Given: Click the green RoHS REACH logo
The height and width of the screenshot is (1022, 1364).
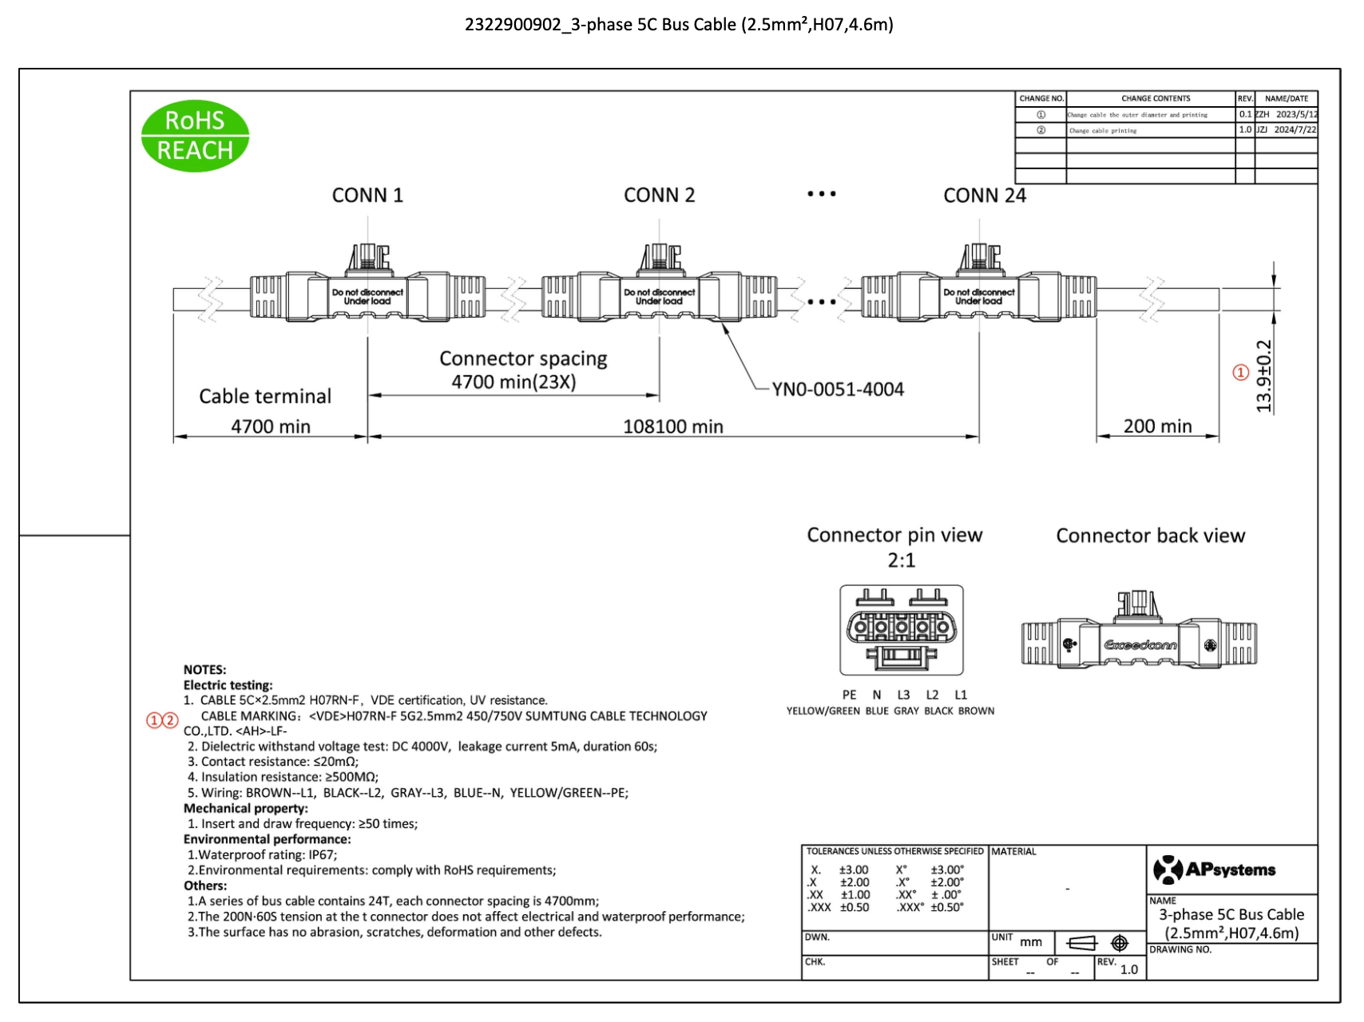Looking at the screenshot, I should (x=195, y=136).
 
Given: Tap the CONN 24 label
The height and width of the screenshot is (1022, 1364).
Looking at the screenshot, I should (x=984, y=196).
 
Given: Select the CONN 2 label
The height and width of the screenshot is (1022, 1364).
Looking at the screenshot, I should (x=659, y=196).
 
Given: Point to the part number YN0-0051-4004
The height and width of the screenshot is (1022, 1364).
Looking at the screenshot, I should (x=838, y=390).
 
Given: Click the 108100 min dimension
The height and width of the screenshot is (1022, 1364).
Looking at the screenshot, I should (x=672, y=427).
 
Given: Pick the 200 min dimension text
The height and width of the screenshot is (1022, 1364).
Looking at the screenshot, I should (x=1157, y=426).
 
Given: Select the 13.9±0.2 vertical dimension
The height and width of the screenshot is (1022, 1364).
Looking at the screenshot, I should (x=1263, y=376).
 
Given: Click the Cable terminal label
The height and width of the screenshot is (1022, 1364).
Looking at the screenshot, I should (x=264, y=397).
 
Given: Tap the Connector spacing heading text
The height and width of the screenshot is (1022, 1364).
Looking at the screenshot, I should (x=523, y=359).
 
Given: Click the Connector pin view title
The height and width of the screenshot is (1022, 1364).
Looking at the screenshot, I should (x=894, y=535).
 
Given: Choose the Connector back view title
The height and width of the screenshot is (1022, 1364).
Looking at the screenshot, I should (x=1150, y=536).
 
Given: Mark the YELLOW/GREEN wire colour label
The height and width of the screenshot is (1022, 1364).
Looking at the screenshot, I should (x=823, y=711).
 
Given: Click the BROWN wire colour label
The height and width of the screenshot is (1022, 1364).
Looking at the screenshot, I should (x=976, y=711).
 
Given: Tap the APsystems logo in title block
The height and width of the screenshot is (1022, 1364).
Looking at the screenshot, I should (x=1214, y=869).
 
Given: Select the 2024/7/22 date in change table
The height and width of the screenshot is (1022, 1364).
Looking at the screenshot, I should (x=1295, y=129).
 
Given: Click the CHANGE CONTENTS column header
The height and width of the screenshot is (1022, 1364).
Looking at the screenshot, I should (x=1155, y=99).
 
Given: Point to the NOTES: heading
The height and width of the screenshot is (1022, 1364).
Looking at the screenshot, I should (x=204, y=670).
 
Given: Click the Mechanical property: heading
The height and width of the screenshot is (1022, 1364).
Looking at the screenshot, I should (x=245, y=809).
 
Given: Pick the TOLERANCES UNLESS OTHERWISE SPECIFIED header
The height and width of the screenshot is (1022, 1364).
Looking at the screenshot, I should (x=894, y=852).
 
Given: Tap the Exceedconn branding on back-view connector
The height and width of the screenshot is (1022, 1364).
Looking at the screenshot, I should (x=1140, y=645).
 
